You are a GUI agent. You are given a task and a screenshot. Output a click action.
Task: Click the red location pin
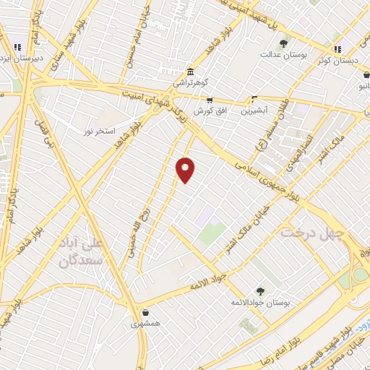(x=186, y=169)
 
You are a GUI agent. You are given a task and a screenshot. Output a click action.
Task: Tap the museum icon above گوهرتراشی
(x=190, y=72)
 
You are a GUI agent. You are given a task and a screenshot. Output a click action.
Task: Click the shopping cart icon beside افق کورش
(x=210, y=100)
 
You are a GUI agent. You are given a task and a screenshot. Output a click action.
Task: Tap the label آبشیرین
(x=254, y=111)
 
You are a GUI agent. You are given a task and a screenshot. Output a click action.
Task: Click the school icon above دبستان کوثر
(x=337, y=49)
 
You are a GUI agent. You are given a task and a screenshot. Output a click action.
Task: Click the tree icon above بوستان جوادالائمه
(x=259, y=291)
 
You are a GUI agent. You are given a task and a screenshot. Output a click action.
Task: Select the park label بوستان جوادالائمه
(x=260, y=304)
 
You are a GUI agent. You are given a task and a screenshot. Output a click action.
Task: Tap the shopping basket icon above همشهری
(x=147, y=314)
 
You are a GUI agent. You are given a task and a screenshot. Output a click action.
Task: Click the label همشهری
(x=147, y=325)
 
